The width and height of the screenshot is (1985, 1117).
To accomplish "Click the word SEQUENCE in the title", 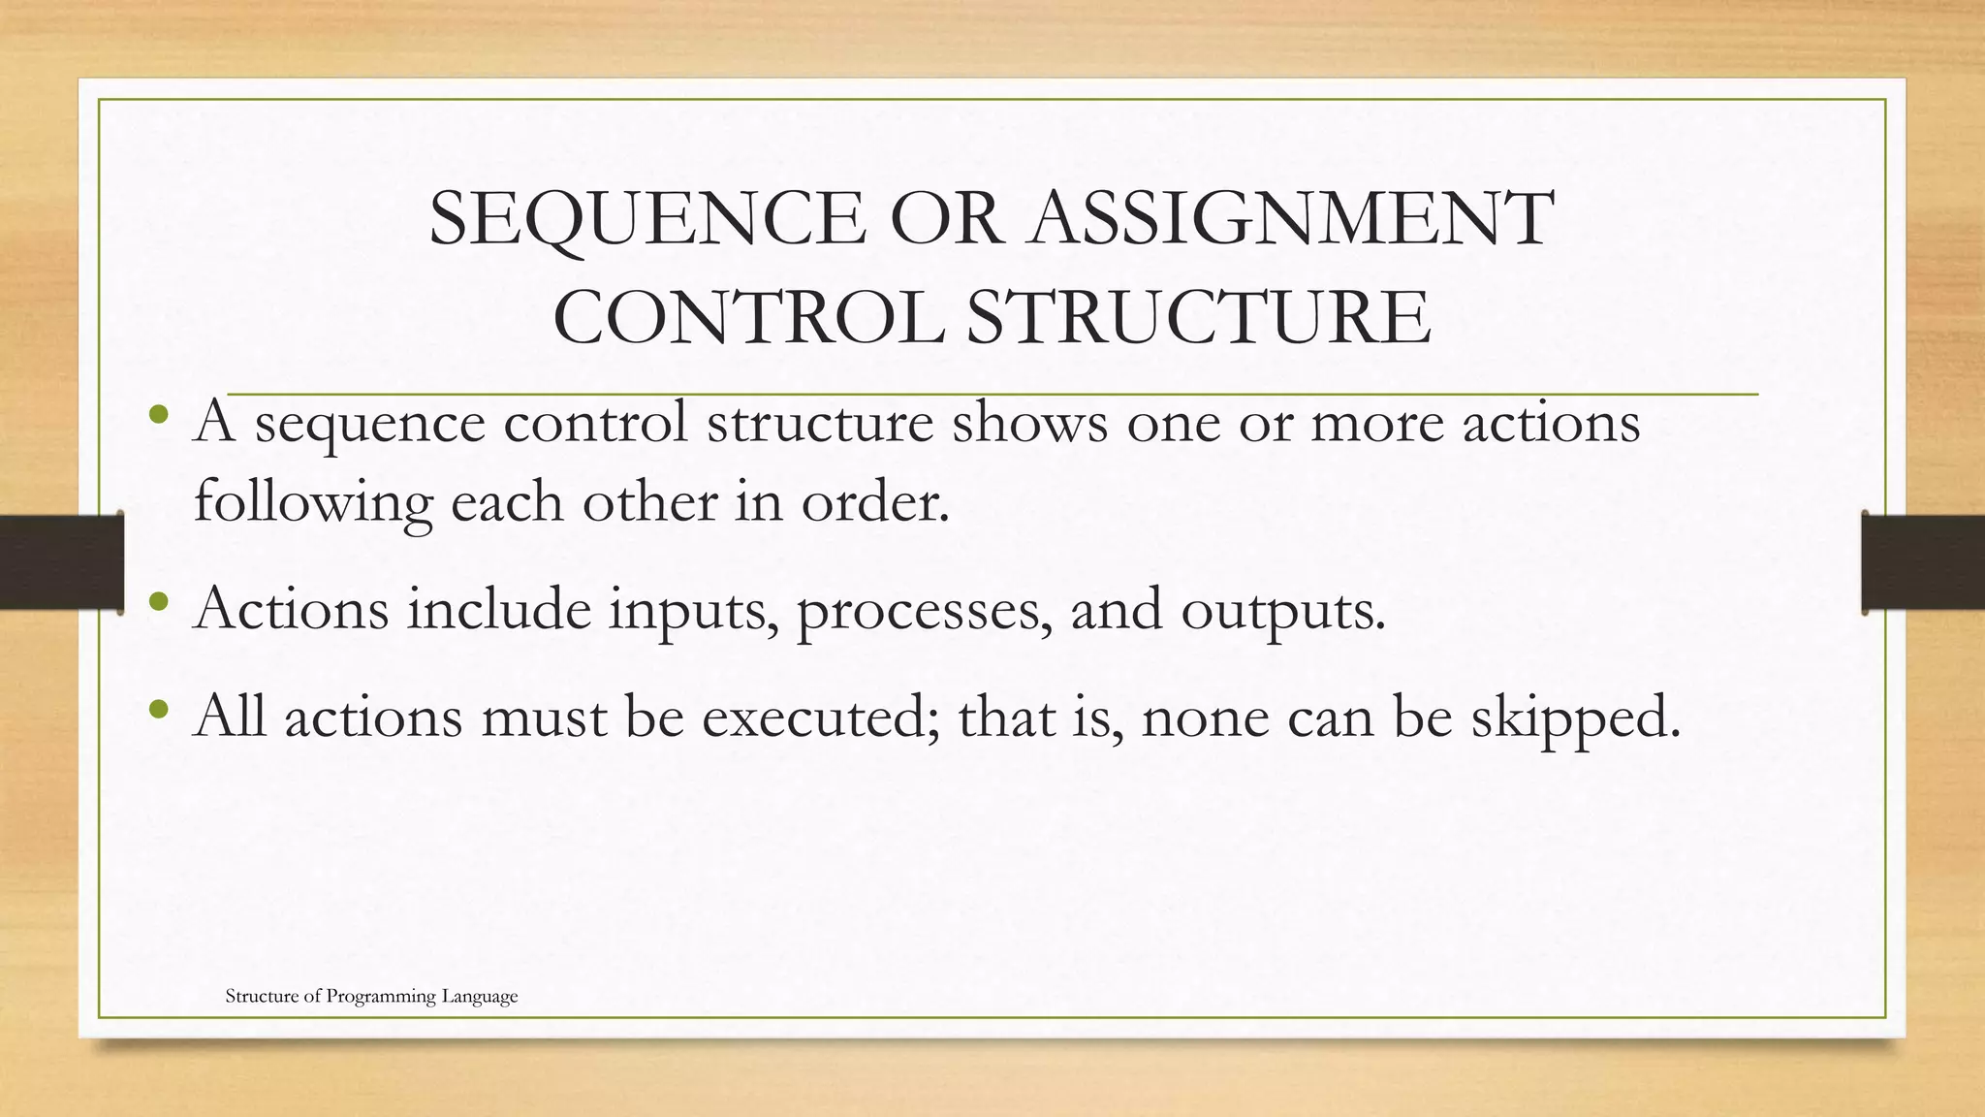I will tap(646, 219).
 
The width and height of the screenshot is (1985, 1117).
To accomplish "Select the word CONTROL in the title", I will tap(748, 317).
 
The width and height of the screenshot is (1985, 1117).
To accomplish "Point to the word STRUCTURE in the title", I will tap(1198, 317).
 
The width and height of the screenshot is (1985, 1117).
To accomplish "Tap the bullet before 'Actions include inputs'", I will tap(161, 603).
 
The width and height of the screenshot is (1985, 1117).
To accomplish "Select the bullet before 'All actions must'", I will tap(161, 711).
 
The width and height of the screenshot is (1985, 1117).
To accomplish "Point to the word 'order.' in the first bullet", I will tap(875, 502).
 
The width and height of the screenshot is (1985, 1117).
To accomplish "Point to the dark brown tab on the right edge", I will tap(1923, 562).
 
